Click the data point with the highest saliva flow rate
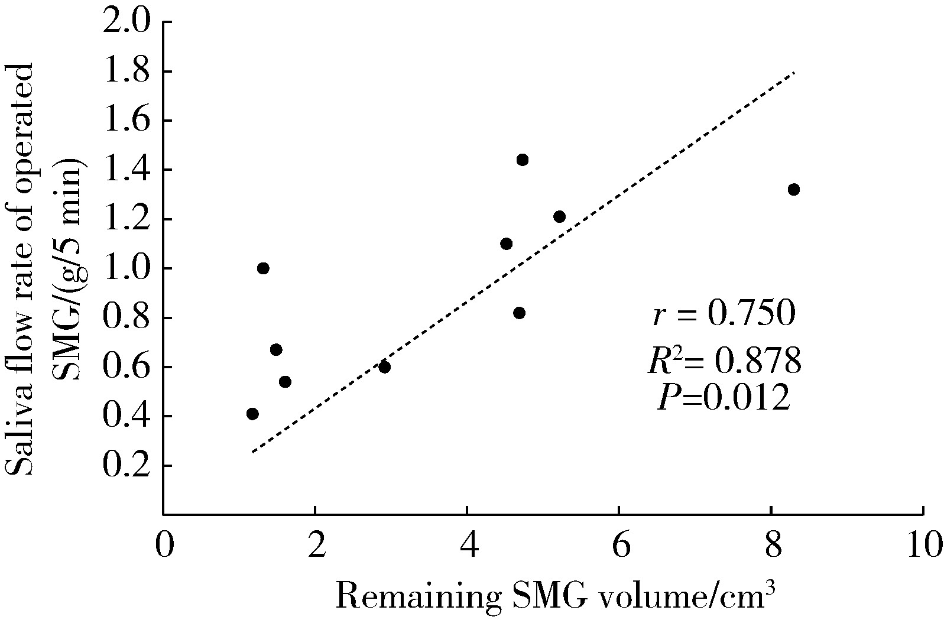click(x=522, y=160)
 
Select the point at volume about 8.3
click(x=793, y=189)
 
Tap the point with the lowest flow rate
click(x=252, y=414)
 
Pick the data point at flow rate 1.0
click(x=263, y=268)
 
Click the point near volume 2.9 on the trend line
click(x=384, y=367)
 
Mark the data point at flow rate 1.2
click(x=559, y=216)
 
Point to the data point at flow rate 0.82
click(x=519, y=313)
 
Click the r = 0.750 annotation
click(x=724, y=315)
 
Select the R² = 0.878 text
click(x=724, y=361)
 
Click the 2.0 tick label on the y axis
click(x=127, y=22)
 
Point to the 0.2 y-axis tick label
click(x=127, y=466)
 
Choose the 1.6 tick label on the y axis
click(x=127, y=121)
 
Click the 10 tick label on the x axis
click(x=923, y=545)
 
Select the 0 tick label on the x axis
click(x=164, y=545)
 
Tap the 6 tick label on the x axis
click(x=619, y=545)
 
